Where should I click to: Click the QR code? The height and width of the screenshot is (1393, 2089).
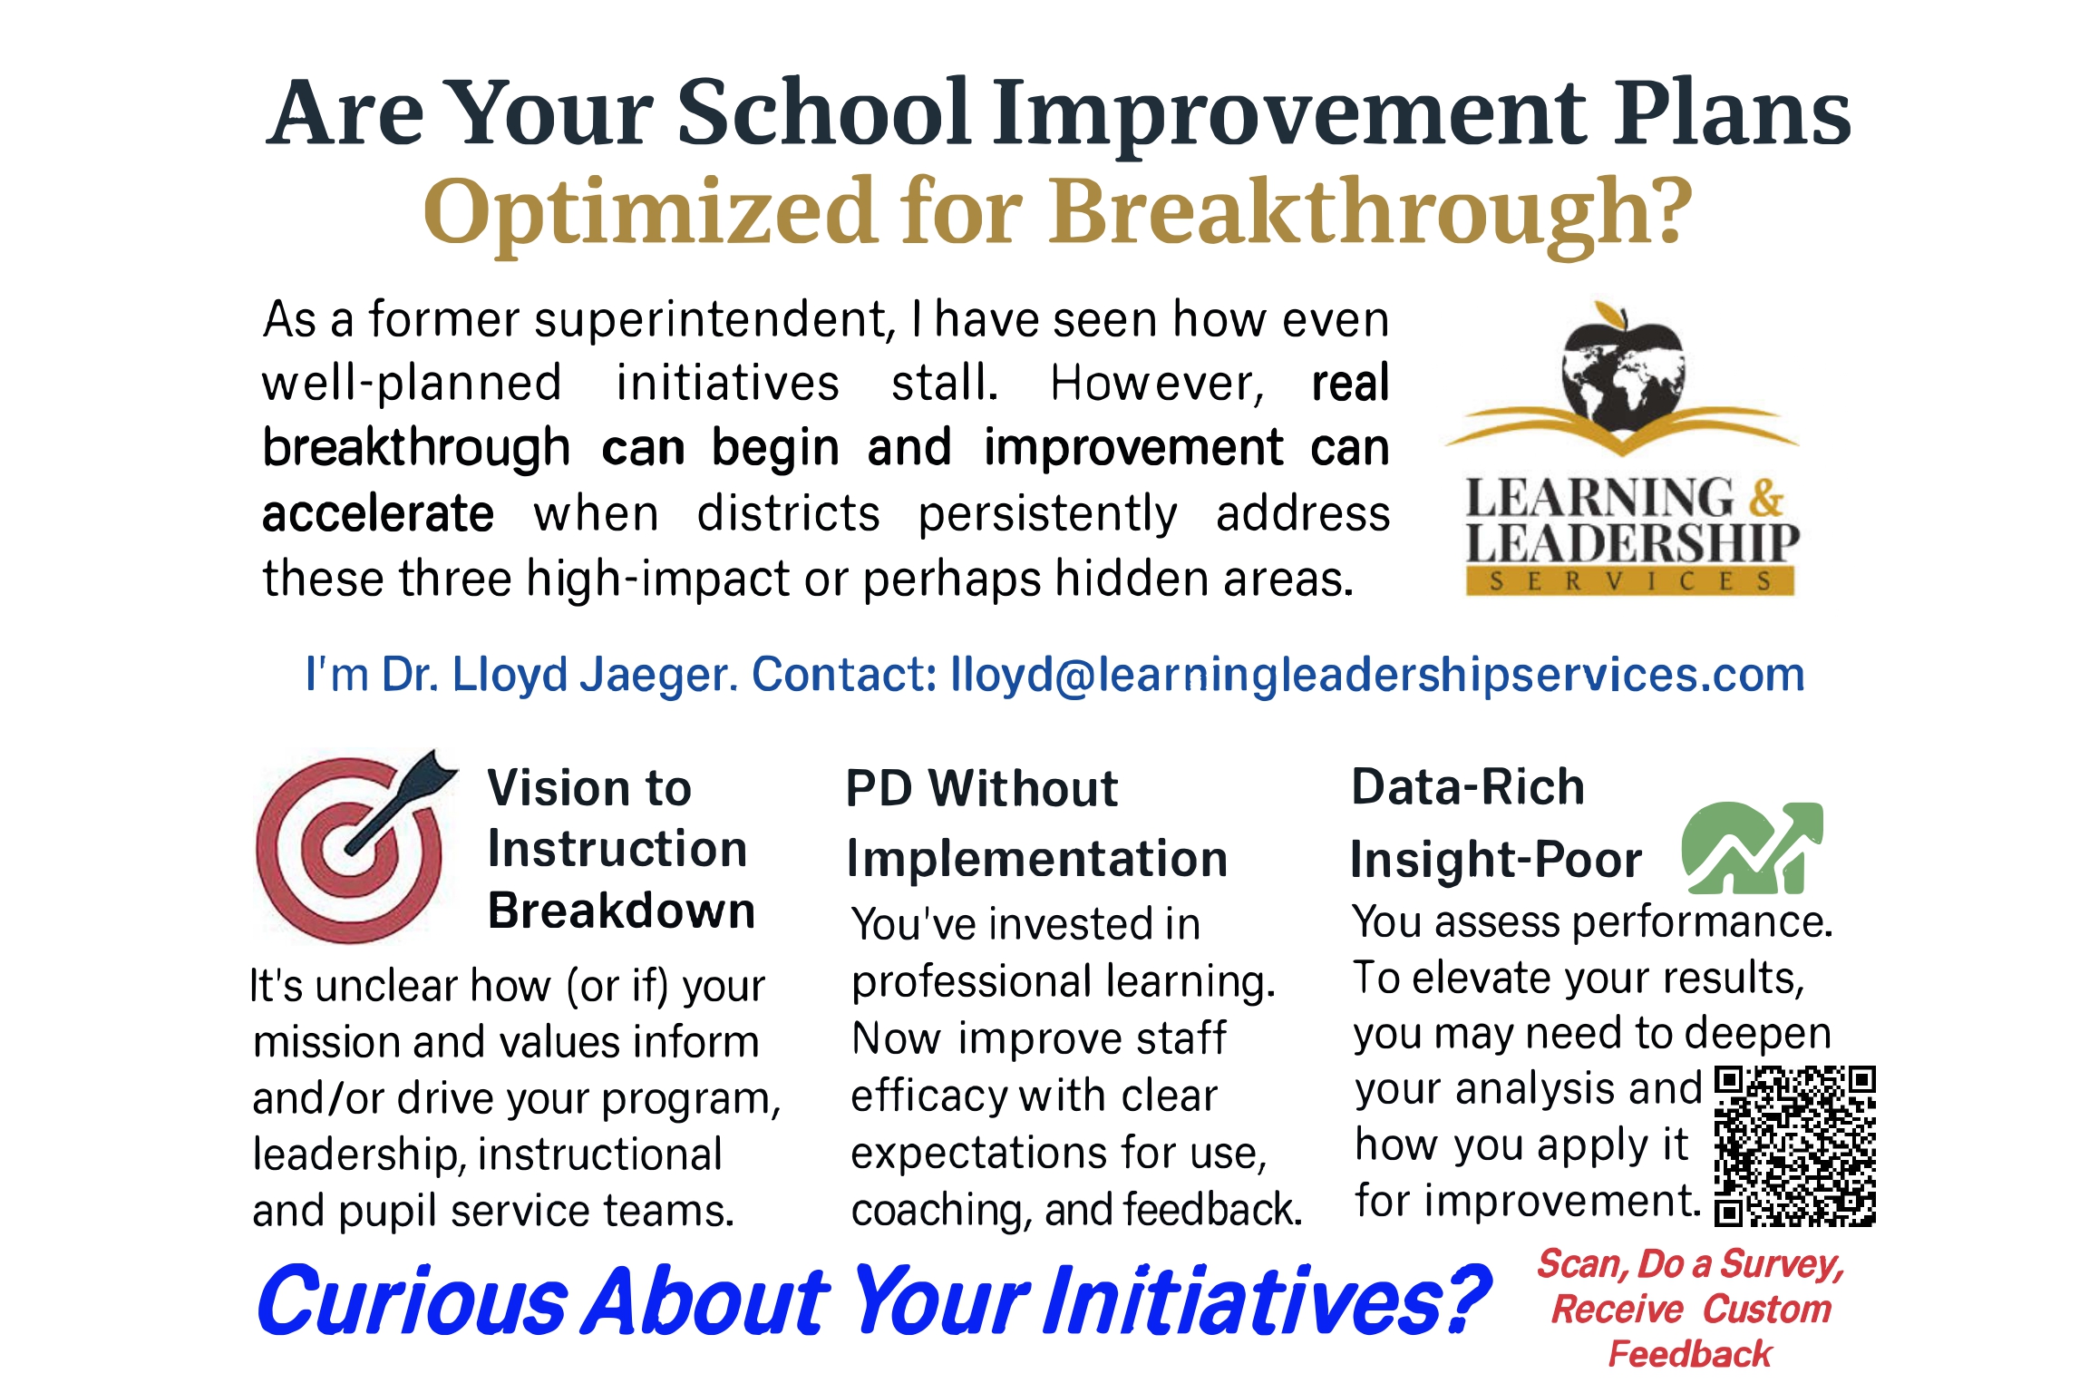(1794, 1146)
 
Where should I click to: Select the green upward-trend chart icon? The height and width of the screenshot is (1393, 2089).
(1752, 847)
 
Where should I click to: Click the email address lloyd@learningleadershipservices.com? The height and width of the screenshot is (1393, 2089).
(1377, 674)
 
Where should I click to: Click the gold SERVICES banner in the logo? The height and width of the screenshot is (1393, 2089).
(1630, 581)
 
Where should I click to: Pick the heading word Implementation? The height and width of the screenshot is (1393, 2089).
(1037, 860)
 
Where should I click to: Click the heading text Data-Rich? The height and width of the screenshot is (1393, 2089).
(1468, 786)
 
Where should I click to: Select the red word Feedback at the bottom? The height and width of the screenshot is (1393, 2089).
(1690, 1353)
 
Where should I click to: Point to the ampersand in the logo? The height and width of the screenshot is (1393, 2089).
(1766, 498)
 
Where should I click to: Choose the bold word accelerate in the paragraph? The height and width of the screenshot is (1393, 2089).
(378, 514)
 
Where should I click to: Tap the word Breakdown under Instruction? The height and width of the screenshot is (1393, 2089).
(621, 911)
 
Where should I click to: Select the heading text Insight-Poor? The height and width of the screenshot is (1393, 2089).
(1496, 860)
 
